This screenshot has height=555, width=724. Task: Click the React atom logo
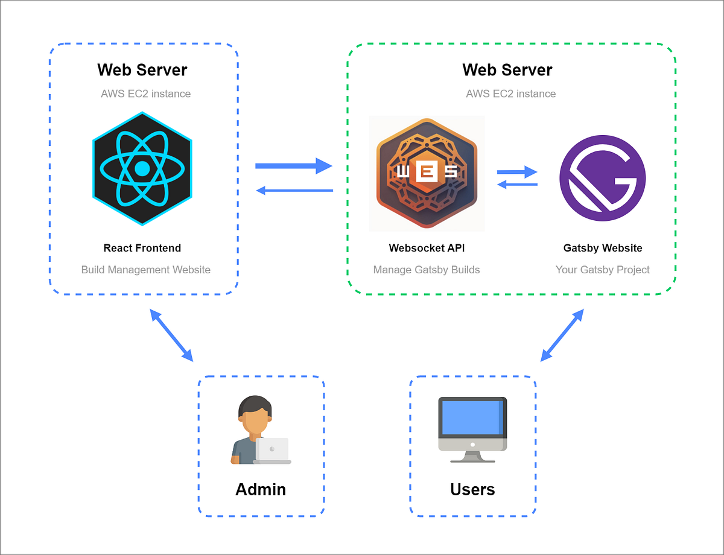142,169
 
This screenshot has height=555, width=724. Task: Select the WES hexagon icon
427,173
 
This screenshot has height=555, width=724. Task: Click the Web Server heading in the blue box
142,70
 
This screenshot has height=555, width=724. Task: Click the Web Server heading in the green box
507,70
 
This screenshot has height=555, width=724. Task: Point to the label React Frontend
142,248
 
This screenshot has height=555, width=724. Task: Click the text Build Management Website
146,270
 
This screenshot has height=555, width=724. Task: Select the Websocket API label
427,248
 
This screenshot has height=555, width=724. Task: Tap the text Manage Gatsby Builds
427,270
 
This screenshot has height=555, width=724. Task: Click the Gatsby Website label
602,248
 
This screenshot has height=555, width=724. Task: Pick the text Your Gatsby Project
602,270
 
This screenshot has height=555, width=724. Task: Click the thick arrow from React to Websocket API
294,165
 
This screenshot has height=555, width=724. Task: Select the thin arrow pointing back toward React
294,191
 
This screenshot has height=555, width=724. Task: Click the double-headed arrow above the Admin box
171,335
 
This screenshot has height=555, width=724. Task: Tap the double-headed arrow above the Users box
562,335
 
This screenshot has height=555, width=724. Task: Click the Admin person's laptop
271,450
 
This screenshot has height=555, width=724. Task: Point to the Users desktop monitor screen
472,417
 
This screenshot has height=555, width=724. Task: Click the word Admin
261,489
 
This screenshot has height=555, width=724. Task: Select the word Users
472,489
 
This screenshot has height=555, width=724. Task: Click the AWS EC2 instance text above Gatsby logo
510,94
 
